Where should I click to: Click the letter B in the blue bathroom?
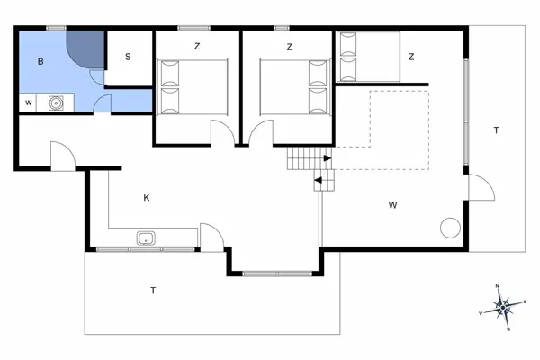[x=41, y=62]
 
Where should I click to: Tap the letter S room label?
[x=128, y=57]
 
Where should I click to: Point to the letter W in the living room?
[x=392, y=205]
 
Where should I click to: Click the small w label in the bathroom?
[x=29, y=103]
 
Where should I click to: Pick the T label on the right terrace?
[x=495, y=131]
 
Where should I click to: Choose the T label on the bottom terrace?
[x=153, y=290]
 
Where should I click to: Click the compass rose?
[x=505, y=307]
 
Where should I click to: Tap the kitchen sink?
[x=146, y=239]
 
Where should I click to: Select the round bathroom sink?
[x=56, y=103]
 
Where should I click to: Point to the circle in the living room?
[x=448, y=228]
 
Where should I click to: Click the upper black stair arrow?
[x=327, y=159]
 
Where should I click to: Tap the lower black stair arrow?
[x=319, y=182]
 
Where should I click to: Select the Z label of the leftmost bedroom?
[x=196, y=46]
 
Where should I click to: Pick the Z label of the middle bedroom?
[x=289, y=46]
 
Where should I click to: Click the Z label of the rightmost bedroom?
[x=410, y=57]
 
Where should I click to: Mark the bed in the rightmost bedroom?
[x=368, y=58]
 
